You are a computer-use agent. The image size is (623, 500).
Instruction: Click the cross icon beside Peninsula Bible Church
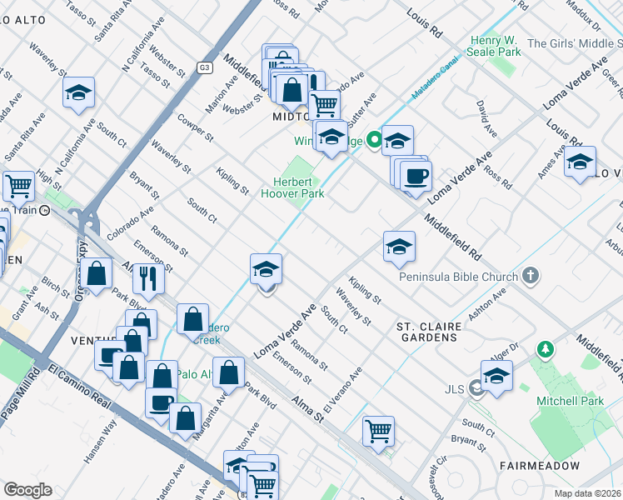point(530,275)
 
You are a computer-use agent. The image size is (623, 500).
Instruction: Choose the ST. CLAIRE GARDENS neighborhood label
point(427,331)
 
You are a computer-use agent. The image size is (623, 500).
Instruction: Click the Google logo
point(27,490)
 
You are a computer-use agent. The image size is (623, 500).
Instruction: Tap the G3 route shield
point(205,67)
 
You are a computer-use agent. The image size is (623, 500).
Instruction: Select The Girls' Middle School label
point(575,43)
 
